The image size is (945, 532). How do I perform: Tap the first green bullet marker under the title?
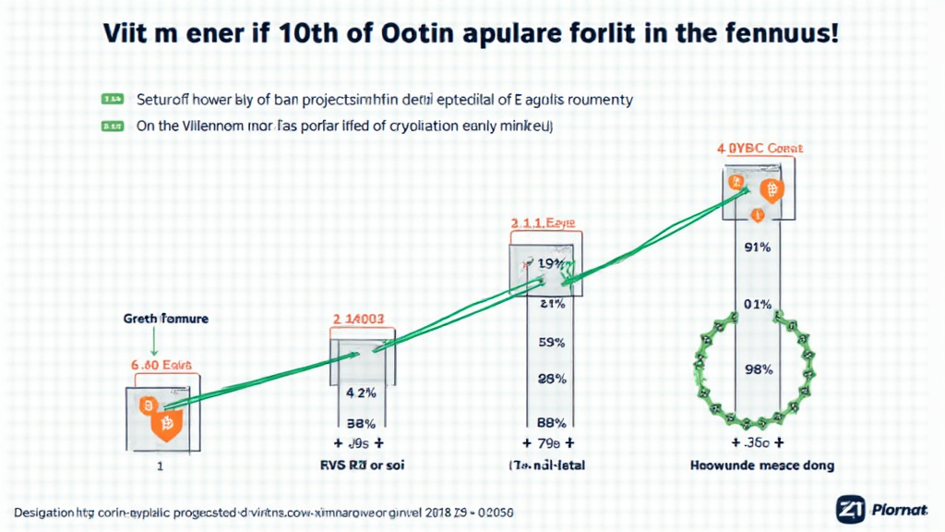pos(112,97)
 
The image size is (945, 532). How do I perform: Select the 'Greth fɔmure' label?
pos(165,319)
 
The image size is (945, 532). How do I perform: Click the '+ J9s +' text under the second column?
pos(359,442)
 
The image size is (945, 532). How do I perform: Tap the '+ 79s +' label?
pos(548,443)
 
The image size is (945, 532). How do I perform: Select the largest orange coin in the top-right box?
pos(771,191)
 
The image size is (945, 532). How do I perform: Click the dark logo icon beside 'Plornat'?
pos(850,508)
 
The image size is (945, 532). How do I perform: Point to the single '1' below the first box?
pos(160,466)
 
